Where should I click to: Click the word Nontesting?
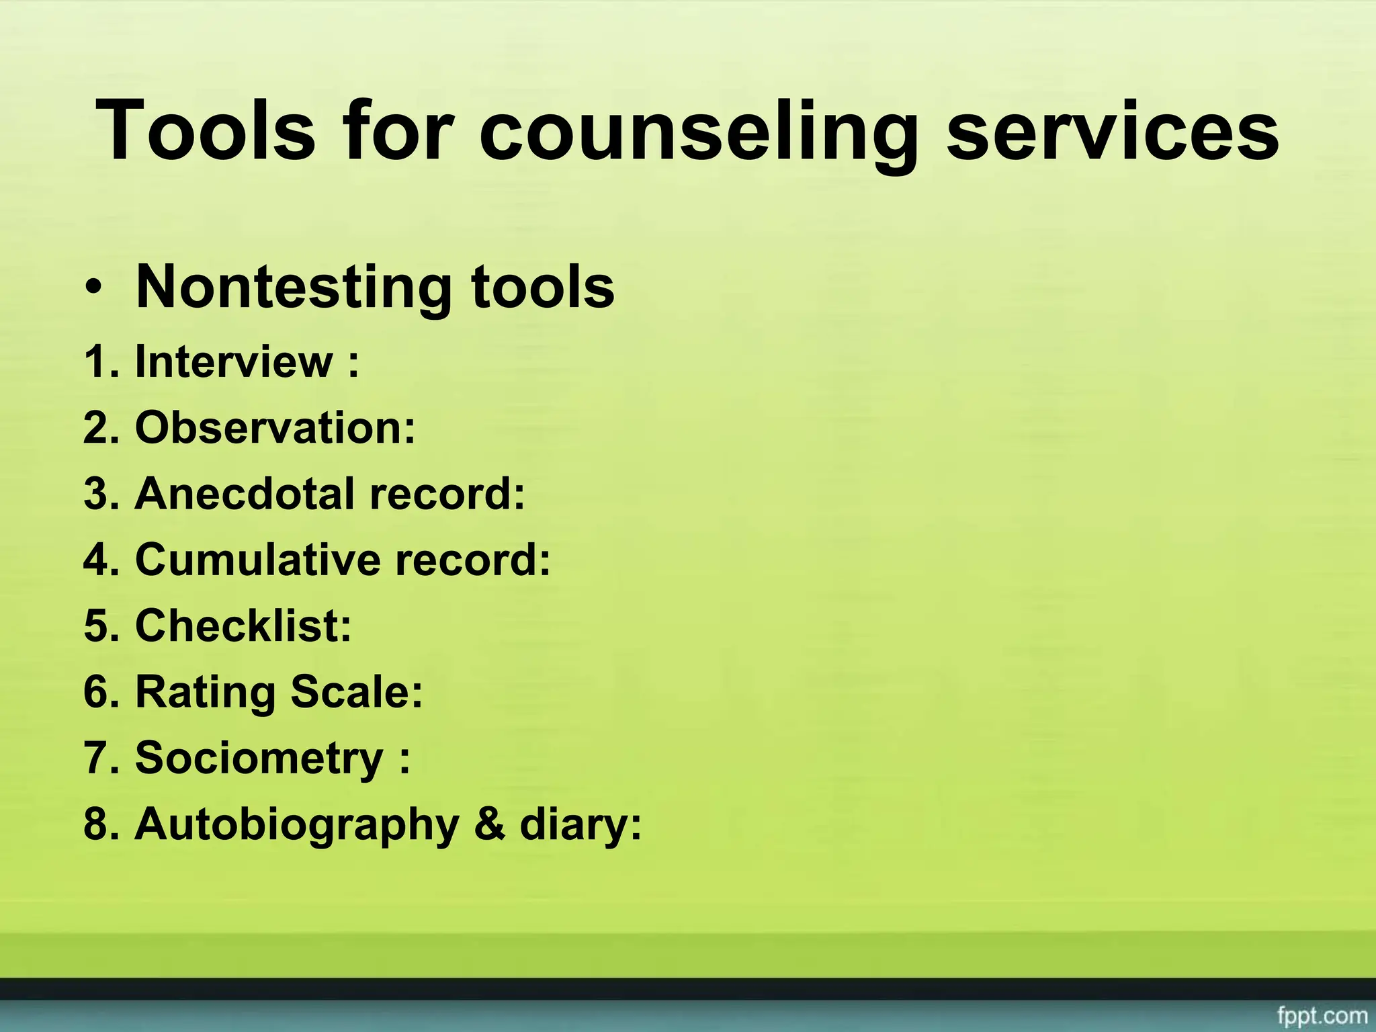pos(292,288)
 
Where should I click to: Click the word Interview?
pos(234,361)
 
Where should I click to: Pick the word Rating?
pos(206,692)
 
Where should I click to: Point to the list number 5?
pos(98,625)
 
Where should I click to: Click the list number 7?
pos(98,758)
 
